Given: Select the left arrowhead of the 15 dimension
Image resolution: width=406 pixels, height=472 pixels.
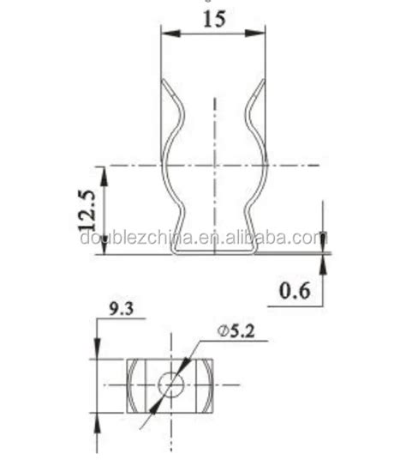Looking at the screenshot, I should [x=170, y=34].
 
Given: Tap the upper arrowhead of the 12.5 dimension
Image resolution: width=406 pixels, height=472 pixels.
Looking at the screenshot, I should [x=104, y=172].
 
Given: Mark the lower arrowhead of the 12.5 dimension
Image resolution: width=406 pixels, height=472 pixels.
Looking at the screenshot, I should [x=104, y=248].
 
